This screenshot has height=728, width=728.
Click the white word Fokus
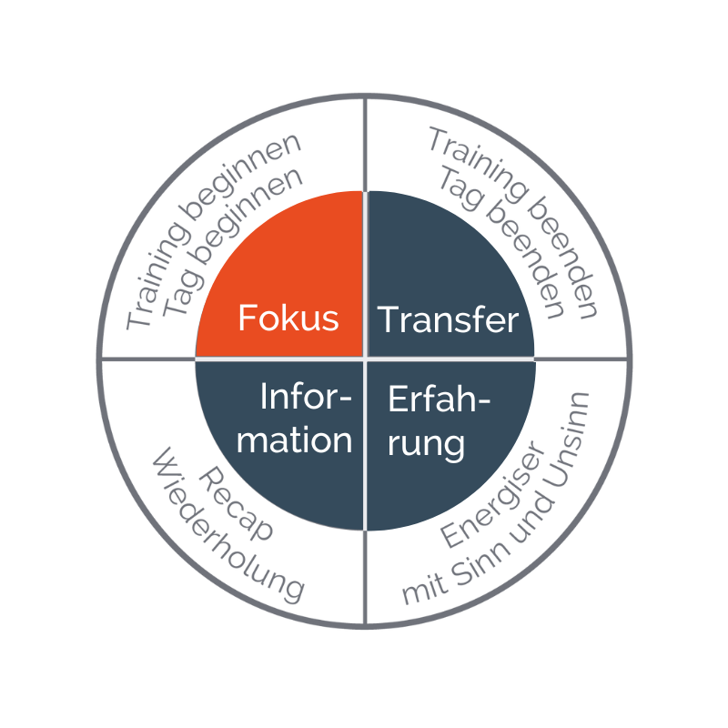pos(288,318)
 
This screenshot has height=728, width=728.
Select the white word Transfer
pos(448,320)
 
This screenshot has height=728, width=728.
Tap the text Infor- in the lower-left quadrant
pos(306,397)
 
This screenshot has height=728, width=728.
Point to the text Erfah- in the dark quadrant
pos(439,399)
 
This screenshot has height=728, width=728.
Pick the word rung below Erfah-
pos(426,445)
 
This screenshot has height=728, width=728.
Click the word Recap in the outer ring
pos(236,504)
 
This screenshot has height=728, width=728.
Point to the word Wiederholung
pos(227,526)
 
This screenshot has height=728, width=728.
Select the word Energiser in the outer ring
pos(492,494)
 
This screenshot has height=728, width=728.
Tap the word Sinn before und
pos(480,563)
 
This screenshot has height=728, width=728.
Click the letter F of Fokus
pos(247,318)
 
